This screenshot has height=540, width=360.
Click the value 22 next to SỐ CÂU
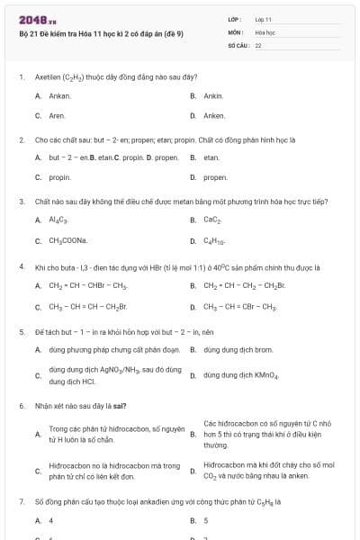pyautogui.click(x=258, y=44)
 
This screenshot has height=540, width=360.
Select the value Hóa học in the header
pyautogui.click(x=265, y=31)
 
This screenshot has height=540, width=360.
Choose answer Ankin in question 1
pyautogui.click(x=213, y=95)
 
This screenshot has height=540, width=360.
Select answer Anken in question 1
pyautogui.click(x=214, y=115)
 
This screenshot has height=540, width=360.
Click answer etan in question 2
pyautogui.click(x=211, y=157)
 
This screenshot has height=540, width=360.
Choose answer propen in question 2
pyautogui.click(x=215, y=177)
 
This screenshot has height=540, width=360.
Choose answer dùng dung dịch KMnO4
pyautogui.click(x=241, y=374)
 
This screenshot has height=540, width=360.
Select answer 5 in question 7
pyautogui.click(x=206, y=520)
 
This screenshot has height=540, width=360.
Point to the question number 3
pyautogui.click(x=21, y=202)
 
